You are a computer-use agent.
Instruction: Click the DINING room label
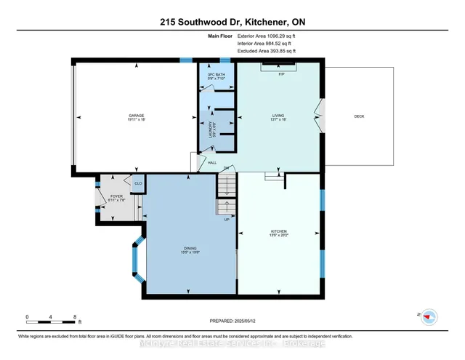(x=190, y=252)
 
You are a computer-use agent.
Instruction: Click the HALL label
(x=212, y=162)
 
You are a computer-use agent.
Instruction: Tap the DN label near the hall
(x=226, y=168)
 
